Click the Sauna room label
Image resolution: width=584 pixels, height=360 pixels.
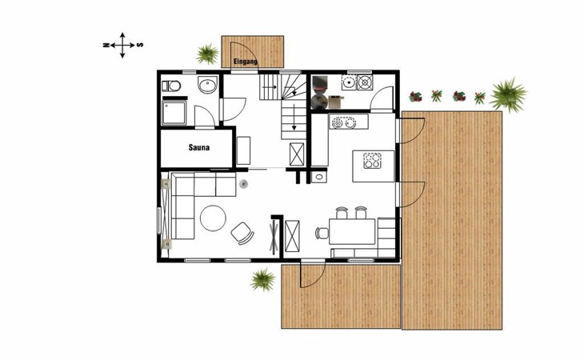(199, 147)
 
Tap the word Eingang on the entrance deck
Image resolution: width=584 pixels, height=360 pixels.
(245, 62)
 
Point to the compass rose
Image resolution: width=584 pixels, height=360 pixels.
(122, 45)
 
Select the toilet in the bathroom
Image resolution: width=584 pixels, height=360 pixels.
(171, 86)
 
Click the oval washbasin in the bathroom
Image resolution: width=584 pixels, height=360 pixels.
(207, 86)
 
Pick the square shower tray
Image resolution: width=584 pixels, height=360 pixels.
(174, 113)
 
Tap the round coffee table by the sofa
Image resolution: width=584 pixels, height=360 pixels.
(213, 218)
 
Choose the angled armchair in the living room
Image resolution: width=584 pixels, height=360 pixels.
(242, 233)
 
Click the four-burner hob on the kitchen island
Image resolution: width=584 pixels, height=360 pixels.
(373, 161)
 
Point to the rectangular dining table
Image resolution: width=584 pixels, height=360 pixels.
(352, 231)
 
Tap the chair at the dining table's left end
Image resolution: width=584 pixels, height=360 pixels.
(322, 233)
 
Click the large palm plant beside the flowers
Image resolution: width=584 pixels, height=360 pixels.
(507, 94)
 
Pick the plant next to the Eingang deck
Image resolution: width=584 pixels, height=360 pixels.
(207, 54)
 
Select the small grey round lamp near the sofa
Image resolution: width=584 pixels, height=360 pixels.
(243, 183)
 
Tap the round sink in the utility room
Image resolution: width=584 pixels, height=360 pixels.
(350, 82)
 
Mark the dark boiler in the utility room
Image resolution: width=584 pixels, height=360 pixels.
(319, 92)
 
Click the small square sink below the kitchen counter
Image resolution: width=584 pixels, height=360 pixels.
(319, 177)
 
